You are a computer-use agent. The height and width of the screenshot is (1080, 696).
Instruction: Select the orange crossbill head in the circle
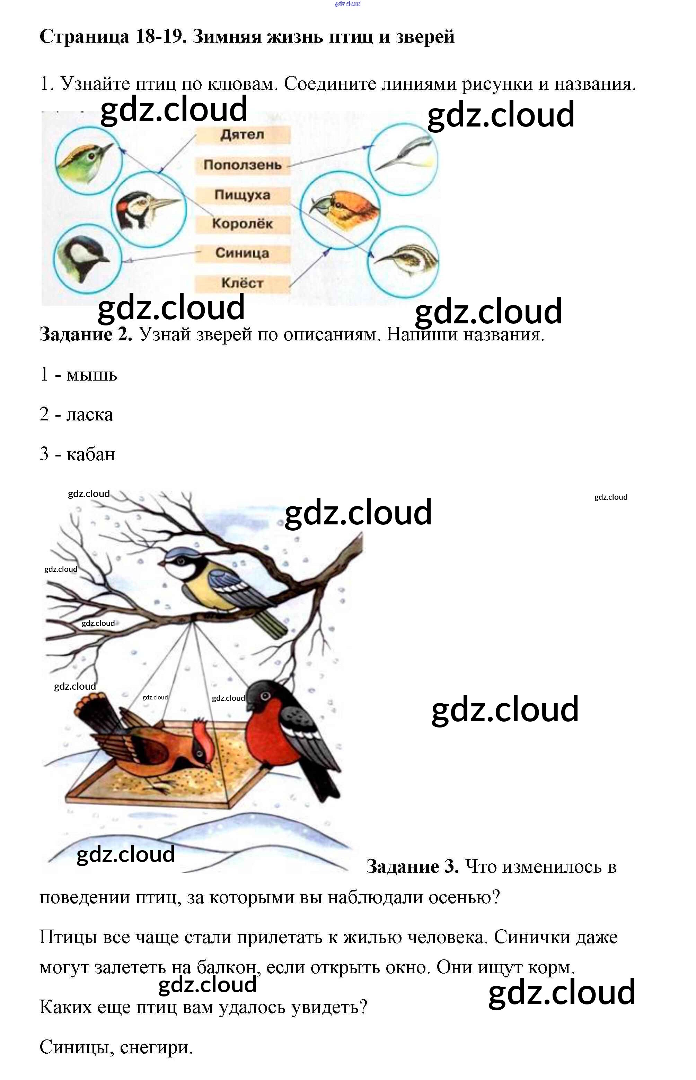[343, 208]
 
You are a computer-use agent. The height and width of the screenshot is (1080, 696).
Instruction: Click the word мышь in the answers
[92, 375]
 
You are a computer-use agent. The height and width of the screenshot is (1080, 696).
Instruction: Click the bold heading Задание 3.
[412, 866]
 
